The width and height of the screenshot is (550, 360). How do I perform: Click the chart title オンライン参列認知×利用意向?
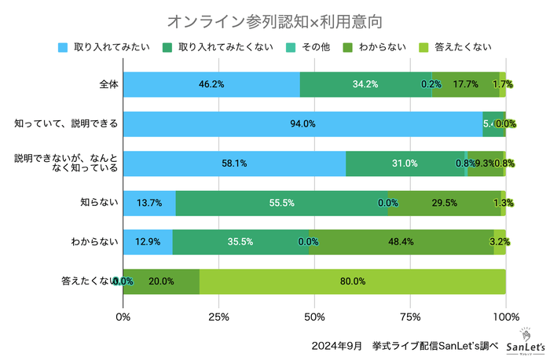(275, 18)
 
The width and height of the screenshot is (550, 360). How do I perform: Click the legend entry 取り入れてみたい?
(100, 46)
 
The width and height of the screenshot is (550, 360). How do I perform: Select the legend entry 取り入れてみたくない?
(219, 46)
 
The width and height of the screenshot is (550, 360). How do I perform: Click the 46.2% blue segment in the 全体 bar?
(211, 84)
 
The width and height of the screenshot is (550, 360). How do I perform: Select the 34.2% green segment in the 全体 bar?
(365, 84)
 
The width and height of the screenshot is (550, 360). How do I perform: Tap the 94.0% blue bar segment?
(302, 123)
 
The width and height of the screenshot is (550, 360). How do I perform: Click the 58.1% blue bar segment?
(234, 163)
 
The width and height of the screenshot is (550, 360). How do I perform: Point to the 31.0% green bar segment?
(405, 163)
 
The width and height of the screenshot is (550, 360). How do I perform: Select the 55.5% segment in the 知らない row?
(281, 202)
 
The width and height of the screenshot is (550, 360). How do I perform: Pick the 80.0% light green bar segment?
(353, 281)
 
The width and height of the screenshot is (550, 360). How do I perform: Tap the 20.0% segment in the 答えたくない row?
(161, 281)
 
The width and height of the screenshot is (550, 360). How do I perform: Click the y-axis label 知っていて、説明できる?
(66, 123)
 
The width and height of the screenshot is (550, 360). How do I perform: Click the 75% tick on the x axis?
(410, 317)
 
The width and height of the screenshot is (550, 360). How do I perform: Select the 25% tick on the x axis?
(219, 317)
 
